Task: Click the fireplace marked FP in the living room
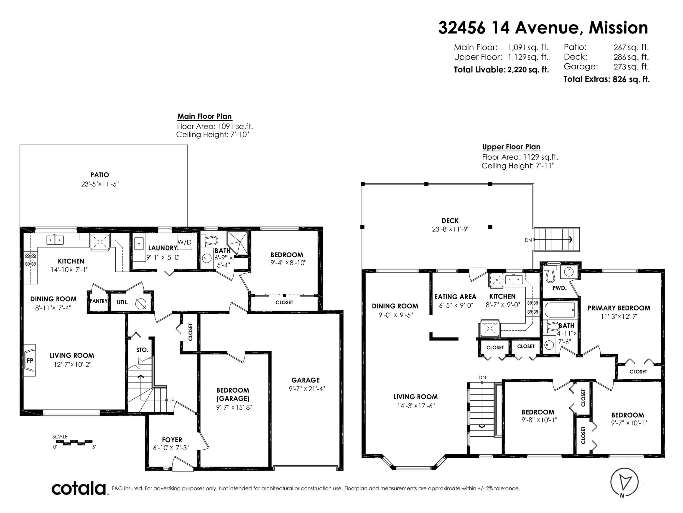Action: [30, 360]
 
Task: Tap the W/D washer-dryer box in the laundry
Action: [184, 242]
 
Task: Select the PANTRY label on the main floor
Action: [99, 301]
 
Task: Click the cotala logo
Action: [79, 489]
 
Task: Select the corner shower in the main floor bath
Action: [237, 243]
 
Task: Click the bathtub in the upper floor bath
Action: [560, 310]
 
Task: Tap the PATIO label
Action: [100, 175]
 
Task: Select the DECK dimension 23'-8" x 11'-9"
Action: [451, 229]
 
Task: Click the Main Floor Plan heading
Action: [204, 116]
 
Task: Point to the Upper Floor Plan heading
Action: [511, 147]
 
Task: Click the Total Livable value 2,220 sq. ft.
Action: [528, 70]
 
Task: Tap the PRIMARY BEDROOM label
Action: [619, 308]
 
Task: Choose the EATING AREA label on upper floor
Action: [455, 297]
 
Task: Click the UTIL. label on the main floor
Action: [122, 302]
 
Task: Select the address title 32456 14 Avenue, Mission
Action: [543, 28]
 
